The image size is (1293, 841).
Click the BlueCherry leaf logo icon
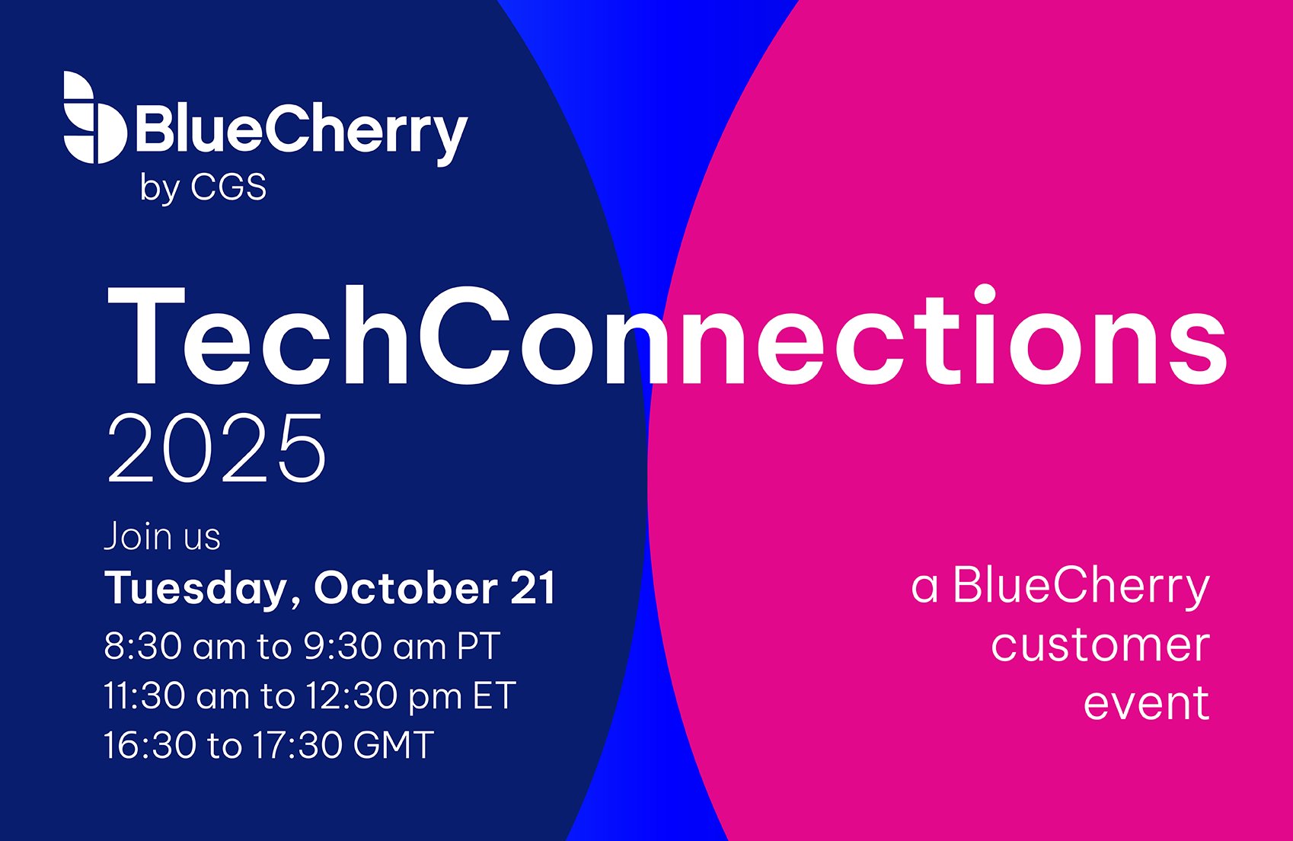94,117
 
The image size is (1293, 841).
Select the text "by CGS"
203,188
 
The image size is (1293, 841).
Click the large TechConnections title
667,335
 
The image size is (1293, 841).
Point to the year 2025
217,448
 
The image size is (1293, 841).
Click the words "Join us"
162,536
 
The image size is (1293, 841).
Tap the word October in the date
406,587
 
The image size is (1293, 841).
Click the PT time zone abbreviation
478,646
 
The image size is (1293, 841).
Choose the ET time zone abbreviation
494,696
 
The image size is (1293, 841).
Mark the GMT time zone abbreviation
393,744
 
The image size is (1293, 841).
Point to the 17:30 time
297,744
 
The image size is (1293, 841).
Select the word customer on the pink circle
1100,645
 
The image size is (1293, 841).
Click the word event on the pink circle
1146,703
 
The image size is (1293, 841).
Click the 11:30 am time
178,696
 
